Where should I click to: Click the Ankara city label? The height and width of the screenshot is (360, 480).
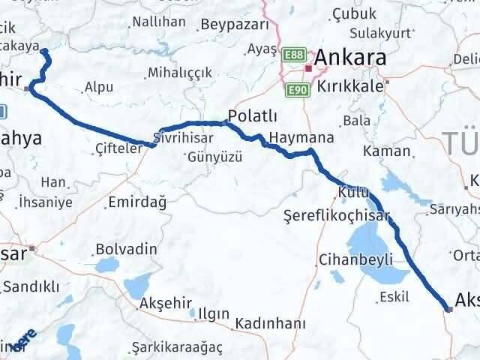tap(351, 58)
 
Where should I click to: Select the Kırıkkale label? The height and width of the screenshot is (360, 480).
tap(350, 86)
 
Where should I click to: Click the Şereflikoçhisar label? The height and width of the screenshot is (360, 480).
tap(338, 216)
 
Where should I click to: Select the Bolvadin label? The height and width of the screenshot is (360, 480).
tap(126, 249)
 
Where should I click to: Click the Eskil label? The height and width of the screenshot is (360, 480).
tap(394, 295)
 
